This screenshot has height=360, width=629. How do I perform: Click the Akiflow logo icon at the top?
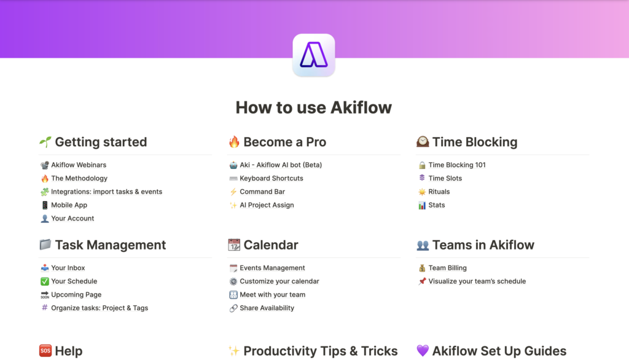(x=314, y=55)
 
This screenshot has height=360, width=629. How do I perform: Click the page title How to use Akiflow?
(x=314, y=108)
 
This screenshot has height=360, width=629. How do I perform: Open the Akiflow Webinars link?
(x=79, y=165)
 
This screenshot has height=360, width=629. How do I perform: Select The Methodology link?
(x=79, y=178)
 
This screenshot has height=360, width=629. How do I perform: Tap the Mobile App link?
(x=69, y=205)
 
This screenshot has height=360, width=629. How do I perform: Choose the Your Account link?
(x=72, y=218)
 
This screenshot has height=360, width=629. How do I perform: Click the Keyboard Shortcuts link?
(x=272, y=178)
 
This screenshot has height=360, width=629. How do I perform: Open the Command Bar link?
(x=262, y=192)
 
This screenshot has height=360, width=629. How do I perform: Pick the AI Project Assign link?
(x=267, y=205)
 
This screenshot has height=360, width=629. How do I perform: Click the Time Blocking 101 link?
(x=457, y=165)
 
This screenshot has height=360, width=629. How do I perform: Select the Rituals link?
(x=439, y=192)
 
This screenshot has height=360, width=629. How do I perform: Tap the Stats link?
(x=437, y=205)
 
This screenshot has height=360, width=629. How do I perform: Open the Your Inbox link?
(x=68, y=268)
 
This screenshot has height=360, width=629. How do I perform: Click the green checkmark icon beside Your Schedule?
(x=44, y=281)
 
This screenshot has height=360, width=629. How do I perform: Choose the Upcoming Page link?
(x=76, y=295)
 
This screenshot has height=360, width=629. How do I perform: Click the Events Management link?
(x=272, y=268)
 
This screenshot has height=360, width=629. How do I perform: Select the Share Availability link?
(x=267, y=308)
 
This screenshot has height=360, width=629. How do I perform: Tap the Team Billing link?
(x=447, y=268)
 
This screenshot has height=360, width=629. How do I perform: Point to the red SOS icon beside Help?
(x=45, y=351)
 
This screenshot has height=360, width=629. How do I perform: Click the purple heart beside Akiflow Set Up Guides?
(x=423, y=351)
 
